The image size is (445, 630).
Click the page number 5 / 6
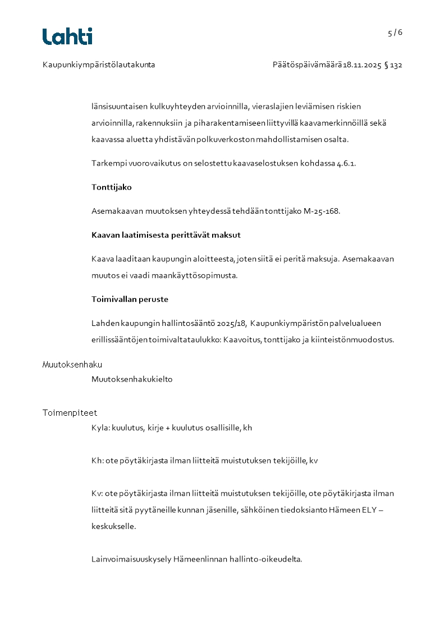click(395, 33)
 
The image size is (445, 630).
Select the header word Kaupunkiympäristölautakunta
click(99, 65)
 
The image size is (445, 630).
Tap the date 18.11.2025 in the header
click(363, 65)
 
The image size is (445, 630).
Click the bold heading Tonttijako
click(112, 187)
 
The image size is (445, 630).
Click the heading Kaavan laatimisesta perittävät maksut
click(166, 234)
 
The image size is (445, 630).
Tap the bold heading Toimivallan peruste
click(130, 299)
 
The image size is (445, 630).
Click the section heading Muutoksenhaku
click(72, 365)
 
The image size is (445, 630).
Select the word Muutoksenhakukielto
click(132, 379)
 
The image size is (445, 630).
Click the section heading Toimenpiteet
click(70, 413)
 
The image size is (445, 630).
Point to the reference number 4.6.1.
click(346, 163)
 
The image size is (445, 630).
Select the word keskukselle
click(113, 527)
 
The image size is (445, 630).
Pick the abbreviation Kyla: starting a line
click(100, 428)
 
